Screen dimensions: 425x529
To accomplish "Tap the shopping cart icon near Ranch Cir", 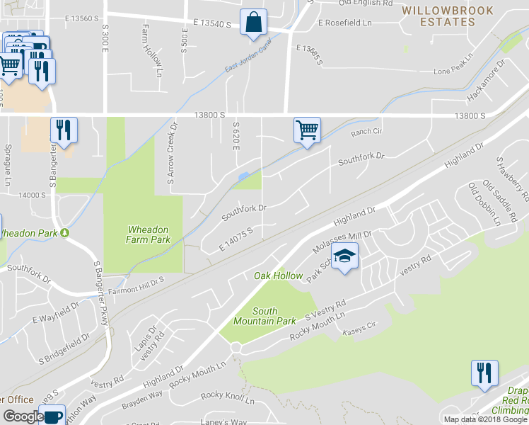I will click(x=307, y=130).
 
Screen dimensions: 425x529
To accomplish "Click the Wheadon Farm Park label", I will click(x=149, y=234).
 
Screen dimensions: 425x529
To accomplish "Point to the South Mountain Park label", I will click(x=274, y=316).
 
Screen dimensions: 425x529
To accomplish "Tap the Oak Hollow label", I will click(x=279, y=276).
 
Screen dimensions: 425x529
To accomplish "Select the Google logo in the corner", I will click(x=23, y=416).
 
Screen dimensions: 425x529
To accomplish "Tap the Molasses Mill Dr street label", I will click(x=342, y=240).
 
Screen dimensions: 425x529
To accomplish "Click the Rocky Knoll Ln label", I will click(x=227, y=396).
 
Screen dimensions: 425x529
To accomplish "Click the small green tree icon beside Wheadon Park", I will click(x=65, y=232).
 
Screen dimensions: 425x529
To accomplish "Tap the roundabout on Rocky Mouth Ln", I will click(x=236, y=347).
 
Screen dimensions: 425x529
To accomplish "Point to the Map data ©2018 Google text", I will click(x=485, y=419).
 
